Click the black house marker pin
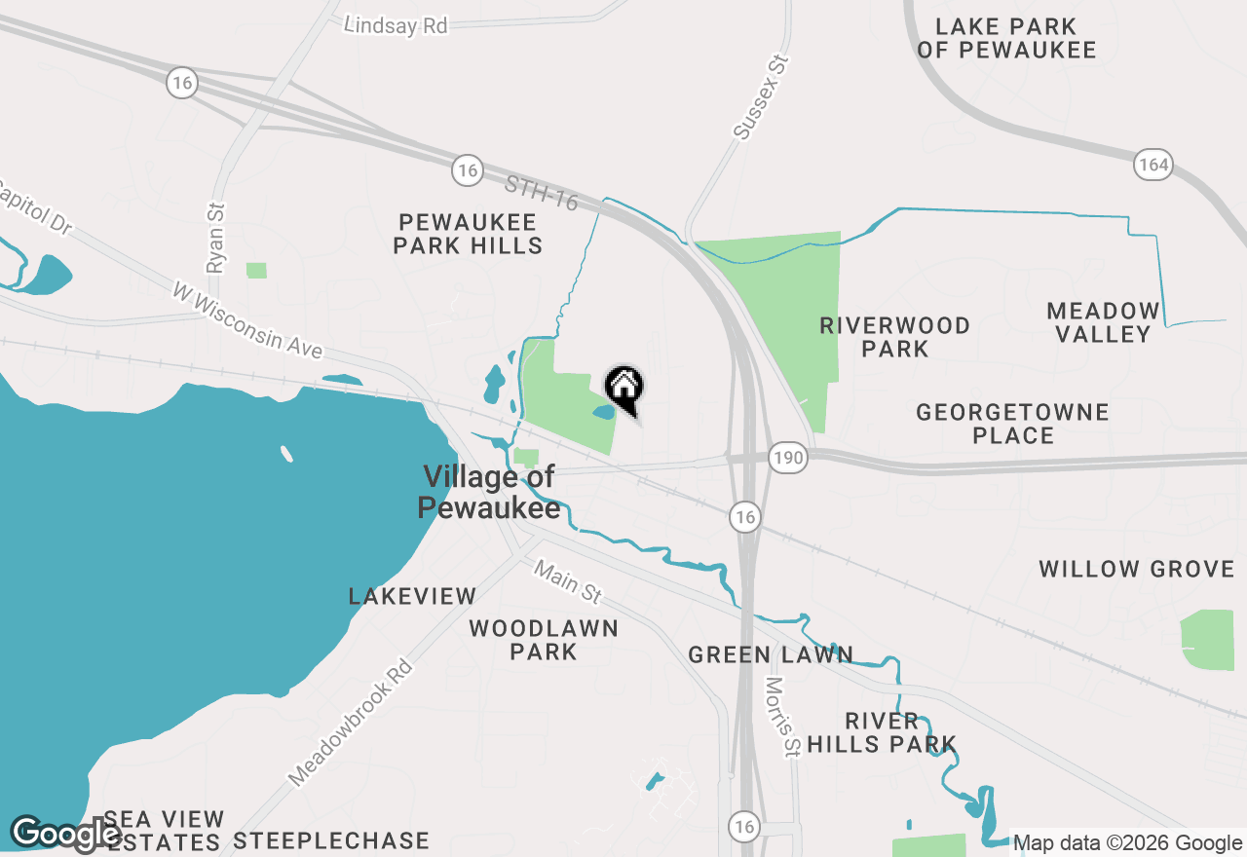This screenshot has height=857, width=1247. [624, 389]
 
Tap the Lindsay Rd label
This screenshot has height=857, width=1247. [396, 25]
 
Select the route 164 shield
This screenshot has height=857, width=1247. [1153, 164]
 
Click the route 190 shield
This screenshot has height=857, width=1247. [787, 457]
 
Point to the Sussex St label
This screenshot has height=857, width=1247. [761, 97]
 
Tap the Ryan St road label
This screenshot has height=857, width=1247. [215, 237]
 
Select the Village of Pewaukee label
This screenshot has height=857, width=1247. [489, 492]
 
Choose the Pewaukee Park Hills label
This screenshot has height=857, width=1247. [468, 234]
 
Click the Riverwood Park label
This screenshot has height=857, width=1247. [894, 337]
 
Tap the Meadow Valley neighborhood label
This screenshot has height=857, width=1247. [1104, 322]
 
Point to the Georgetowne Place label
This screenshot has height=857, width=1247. [1012, 424]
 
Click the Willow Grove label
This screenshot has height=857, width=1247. [1136, 569]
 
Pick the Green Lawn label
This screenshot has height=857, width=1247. [771, 655]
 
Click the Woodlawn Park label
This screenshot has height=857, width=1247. [544, 640]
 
